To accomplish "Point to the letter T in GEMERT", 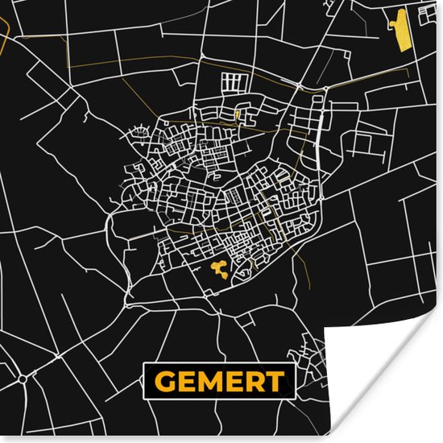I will (x=274, y=380).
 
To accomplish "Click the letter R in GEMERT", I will (x=253, y=380).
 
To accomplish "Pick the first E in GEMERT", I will (x=186, y=380).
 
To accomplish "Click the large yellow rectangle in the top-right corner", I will (x=401, y=30).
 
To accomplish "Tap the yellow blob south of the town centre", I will (x=217, y=268).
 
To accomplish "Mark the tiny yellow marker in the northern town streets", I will (x=236, y=115).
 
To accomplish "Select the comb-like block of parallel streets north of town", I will (x=236, y=83).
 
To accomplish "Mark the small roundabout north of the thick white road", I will (x=300, y=85).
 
